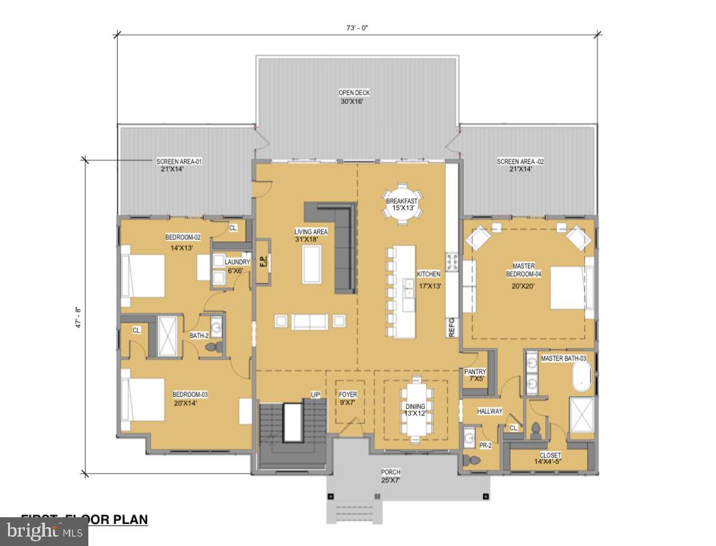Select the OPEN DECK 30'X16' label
click(353, 98)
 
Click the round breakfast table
click(401, 201)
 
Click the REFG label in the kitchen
click(451, 328)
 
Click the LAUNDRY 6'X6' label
click(238, 266)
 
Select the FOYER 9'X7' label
click(348, 399)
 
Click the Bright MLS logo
click(43, 531)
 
